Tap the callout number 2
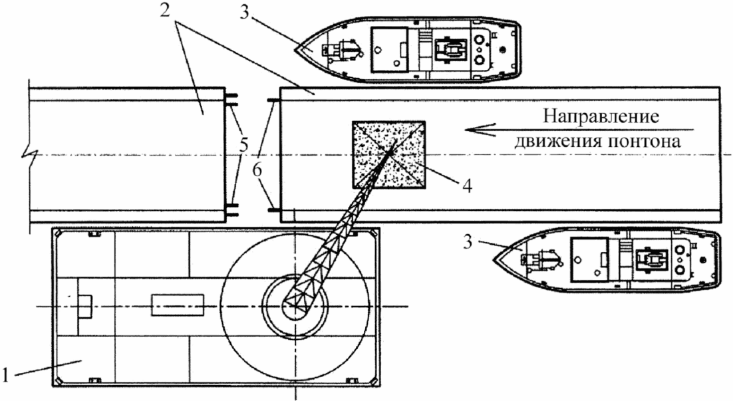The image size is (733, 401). [x=164, y=10]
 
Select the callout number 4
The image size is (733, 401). [x=466, y=185]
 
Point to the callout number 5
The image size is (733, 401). [x=244, y=145]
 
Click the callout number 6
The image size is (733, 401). [x=257, y=171]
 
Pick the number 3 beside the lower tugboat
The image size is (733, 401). [x=469, y=243]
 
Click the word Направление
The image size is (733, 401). [x=601, y=116]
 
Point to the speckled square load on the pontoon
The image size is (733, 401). [x=388, y=155]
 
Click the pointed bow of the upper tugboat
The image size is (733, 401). [x=296, y=48]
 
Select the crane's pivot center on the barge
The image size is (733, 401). [x=295, y=306]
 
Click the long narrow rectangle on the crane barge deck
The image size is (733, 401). [x=178, y=305]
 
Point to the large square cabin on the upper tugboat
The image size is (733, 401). [x=389, y=49]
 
